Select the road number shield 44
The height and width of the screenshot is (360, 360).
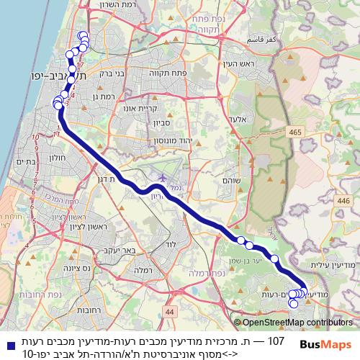tap(169, 311)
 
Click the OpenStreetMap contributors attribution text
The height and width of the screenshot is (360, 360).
tap(296, 323)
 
